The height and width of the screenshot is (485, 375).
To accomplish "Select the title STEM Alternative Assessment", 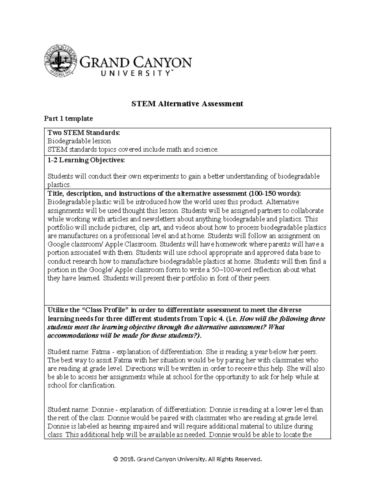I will pos(187,104).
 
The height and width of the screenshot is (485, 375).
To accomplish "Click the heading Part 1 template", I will pos(68,118).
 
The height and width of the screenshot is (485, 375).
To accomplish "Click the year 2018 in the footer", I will pos(127,459).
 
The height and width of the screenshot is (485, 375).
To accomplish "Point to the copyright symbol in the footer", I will pos(116,459).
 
